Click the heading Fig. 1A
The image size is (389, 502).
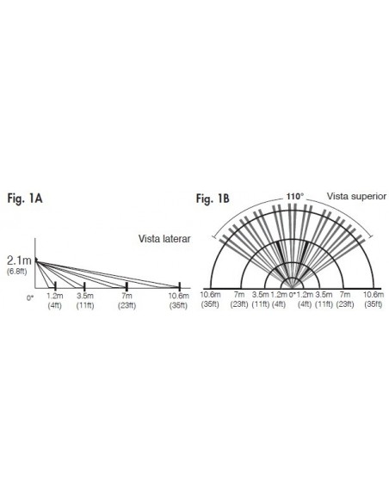(x=25, y=199)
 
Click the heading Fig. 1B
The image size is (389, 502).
(x=213, y=199)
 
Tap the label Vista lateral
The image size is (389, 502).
(x=164, y=239)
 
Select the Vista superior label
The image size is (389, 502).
(x=356, y=196)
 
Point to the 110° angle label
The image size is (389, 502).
(x=295, y=196)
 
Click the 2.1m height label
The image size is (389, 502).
(x=19, y=260)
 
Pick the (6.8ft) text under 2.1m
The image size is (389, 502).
(x=16, y=272)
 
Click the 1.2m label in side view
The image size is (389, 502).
(x=55, y=296)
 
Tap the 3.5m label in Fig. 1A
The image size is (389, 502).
(x=85, y=296)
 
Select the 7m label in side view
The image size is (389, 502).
(x=127, y=296)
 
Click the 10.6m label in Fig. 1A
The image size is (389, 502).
(x=179, y=296)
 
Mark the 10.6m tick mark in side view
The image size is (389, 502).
(x=180, y=286)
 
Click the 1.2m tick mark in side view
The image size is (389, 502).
(x=55, y=286)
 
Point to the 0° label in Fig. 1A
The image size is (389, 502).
(x=30, y=298)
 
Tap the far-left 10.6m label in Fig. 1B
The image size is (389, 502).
(x=210, y=295)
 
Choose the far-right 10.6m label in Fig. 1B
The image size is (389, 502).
(x=374, y=295)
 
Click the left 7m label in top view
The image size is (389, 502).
(x=239, y=295)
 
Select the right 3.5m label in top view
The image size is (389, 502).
(x=324, y=295)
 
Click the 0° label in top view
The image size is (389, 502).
(x=292, y=295)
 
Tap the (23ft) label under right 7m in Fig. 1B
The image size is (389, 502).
(x=345, y=304)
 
